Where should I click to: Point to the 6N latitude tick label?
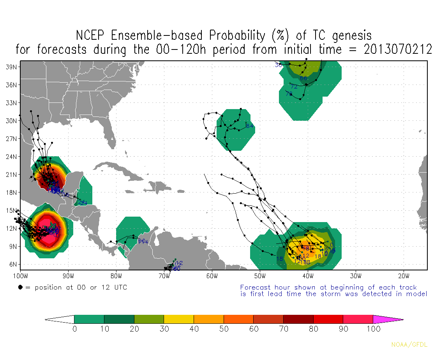[x=12, y=264]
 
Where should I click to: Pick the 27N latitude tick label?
[x=11, y=139]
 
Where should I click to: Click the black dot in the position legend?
[x=20, y=288]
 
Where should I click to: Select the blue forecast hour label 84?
[x=250, y=126]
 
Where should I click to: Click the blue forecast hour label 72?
[x=294, y=86]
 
